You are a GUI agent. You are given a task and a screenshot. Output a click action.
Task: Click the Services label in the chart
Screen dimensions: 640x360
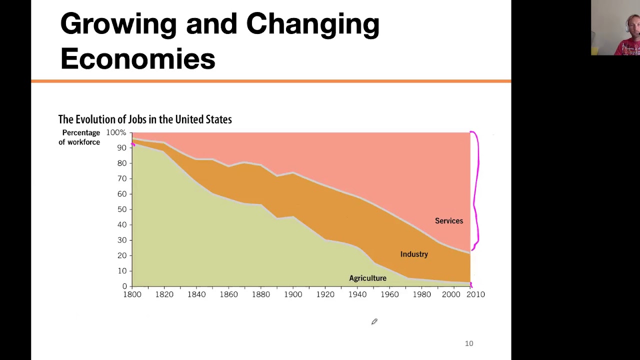(x=449, y=221)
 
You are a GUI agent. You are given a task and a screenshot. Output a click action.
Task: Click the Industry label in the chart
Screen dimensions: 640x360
(x=414, y=254)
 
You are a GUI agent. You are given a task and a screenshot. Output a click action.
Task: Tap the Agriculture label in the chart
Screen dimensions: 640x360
(x=367, y=278)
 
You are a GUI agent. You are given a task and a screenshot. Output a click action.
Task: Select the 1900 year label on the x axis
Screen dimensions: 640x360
(x=293, y=294)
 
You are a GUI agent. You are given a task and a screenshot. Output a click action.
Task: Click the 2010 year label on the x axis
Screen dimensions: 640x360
(x=475, y=294)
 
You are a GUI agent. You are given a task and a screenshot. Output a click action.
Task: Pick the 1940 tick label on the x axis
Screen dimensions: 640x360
(x=357, y=294)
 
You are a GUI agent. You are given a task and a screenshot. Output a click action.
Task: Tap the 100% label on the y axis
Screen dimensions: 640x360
(x=116, y=132)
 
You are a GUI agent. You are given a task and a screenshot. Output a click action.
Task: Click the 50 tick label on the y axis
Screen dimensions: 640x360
(x=122, y=209)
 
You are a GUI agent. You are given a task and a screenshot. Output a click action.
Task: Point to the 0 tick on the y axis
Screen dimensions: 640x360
(x=124, y=286)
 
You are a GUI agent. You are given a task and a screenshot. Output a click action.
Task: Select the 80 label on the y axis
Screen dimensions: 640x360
(x=122, y=163)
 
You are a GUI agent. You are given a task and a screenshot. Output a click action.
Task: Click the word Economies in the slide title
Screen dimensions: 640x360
(x=137, y=58)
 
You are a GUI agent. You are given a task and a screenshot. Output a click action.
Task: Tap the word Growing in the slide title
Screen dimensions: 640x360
(x=118, y=24)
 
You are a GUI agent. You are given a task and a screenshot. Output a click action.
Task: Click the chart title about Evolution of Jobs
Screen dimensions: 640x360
(x=145, y=119)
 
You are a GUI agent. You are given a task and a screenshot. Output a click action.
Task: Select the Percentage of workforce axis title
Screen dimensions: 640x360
(x=79, y=137)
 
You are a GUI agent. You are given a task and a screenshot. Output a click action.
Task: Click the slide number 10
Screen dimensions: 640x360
(x=469, y=343)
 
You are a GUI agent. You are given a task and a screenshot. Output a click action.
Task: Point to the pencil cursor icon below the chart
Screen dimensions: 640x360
(x=374, y=321)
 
